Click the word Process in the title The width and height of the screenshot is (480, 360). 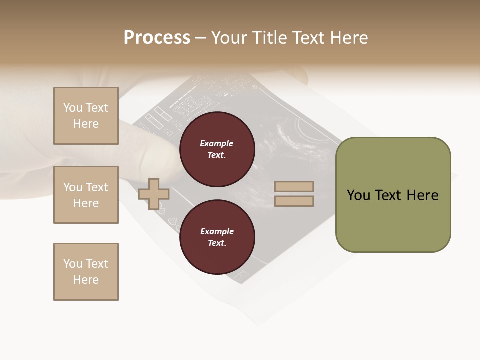tap(157, 38)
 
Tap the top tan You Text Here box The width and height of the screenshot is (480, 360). tap(86, 116)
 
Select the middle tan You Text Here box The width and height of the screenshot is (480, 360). tap(86, 195)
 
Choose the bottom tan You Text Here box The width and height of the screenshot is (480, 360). tap(86, 272)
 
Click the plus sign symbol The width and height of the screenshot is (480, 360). tap(154, 194)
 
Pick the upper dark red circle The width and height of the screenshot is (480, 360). tap(217, 149)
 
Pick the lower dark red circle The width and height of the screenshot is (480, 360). tap(217, 237)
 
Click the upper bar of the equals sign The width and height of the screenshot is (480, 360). tap(294, 186)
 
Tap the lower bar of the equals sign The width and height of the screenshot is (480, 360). tap(294, 201)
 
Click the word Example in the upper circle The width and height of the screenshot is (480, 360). tap(217, 143)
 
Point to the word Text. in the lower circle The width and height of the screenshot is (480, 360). tap(217, 243)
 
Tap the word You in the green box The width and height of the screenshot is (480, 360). tap(359, 195)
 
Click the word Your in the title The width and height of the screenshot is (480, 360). tap(230, 38)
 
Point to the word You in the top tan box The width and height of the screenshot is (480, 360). tap(73, 108)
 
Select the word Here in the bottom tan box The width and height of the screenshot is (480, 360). tap(86, 280)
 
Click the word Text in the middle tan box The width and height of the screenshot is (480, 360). tap(97, 187)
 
